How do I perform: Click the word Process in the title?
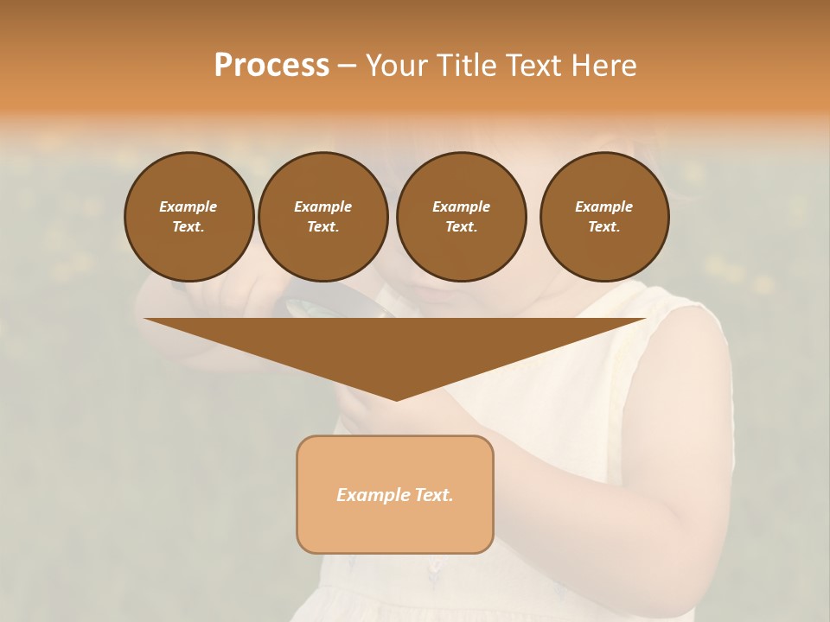[271, 66]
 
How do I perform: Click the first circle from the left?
[188, 217]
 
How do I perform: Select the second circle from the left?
[322, 217]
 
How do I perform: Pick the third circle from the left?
[461, 217]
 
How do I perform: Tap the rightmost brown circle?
[604, 217]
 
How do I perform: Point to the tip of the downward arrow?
[396, 399]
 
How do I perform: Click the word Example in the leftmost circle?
[188, 206]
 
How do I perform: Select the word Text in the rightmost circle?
[604, 227]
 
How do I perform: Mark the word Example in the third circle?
[461, 206]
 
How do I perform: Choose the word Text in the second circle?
[322, 227]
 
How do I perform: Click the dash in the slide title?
[347, 66]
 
